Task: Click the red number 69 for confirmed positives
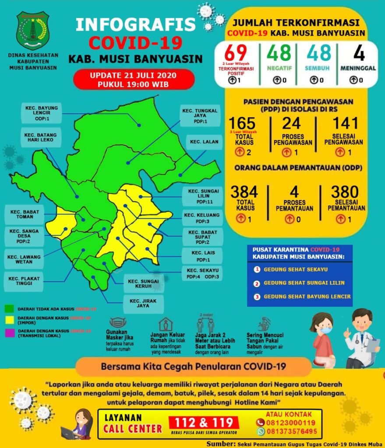tap(236, 53)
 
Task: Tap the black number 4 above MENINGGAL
tap(359, 53)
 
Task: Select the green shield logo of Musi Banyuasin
tap(33, 31)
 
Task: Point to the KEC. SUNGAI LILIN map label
tap(200, 196)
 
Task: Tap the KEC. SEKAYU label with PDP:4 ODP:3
tap(202, 273)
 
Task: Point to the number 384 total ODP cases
tap(245, 192)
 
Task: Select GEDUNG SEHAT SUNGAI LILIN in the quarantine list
tap(304, 283)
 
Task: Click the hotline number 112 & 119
tap(204, 423)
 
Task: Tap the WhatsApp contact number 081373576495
tap(292, 431)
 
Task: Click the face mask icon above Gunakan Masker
tap(118, 323)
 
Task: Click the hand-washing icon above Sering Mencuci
tap(265, 324)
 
